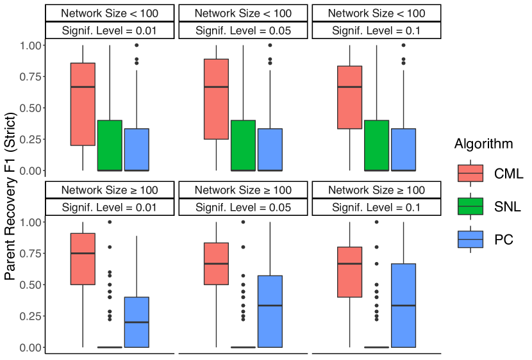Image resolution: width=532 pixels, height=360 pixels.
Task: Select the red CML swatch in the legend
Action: tap(470, 173)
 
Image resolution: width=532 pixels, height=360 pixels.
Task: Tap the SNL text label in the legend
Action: tap(508, 206)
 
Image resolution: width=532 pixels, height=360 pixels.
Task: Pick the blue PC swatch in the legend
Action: tap(470, 239)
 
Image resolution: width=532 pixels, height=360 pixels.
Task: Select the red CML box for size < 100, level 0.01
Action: tap(83, 104)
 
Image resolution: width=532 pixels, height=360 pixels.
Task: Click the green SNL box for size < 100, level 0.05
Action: tap(243, 145)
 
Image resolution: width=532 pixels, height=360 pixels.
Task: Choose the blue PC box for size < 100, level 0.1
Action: tap(403, 149)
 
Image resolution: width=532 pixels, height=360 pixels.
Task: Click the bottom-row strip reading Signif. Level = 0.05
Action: tap(243, 207)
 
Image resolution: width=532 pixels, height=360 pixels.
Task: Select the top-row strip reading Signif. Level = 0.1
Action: tap(376, 30)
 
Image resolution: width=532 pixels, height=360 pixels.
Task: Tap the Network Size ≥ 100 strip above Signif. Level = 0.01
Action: tap(110, 190)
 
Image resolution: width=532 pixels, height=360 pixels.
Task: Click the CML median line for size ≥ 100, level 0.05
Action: tap(216, 264)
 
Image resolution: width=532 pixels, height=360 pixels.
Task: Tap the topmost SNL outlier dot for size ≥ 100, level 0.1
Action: tap(376, 222)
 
